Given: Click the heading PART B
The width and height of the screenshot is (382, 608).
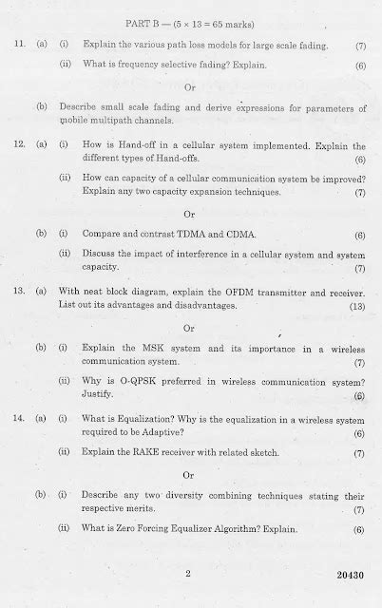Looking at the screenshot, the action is coord(147,22).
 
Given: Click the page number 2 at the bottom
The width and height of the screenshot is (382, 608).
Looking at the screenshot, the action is coord(189,574).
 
